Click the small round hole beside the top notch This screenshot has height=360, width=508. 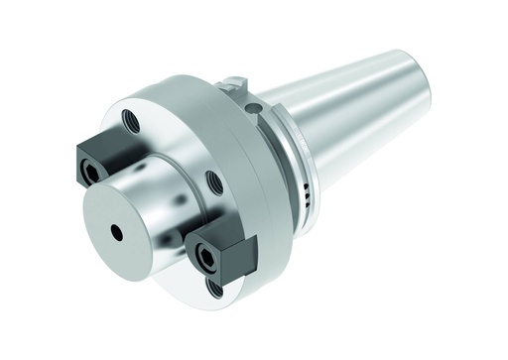tap(254, 106)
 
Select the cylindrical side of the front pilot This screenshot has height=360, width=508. tap(159, 179)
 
